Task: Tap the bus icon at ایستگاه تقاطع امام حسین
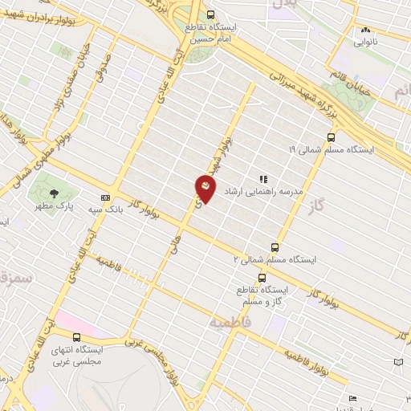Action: tap(211, 14)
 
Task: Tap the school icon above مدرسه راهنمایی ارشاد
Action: tap(262, 178)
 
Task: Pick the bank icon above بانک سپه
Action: tap(105, 197)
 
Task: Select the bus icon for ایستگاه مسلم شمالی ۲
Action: tap(275, 247)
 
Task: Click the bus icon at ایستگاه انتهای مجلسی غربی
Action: tap(76, 337)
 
